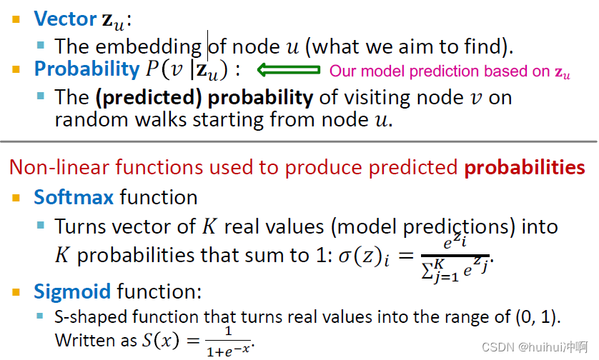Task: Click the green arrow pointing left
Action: [287, 70]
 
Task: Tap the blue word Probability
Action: [86, 69]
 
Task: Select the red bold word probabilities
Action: [525, 168]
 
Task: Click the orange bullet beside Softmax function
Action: [16, 197]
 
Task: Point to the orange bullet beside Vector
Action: [16, 19]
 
